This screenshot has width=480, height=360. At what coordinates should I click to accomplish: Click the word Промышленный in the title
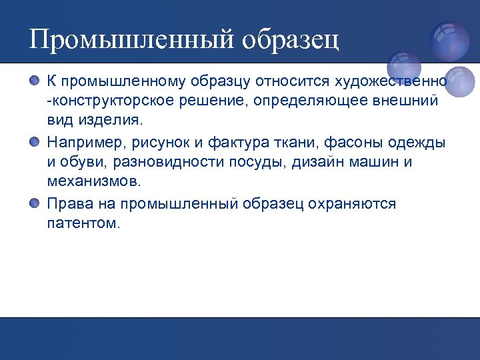click(x=130, y=39)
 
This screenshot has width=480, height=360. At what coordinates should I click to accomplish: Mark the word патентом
click(x=83, y=223)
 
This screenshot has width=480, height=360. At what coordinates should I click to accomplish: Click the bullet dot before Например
click(x=35, y=142)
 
